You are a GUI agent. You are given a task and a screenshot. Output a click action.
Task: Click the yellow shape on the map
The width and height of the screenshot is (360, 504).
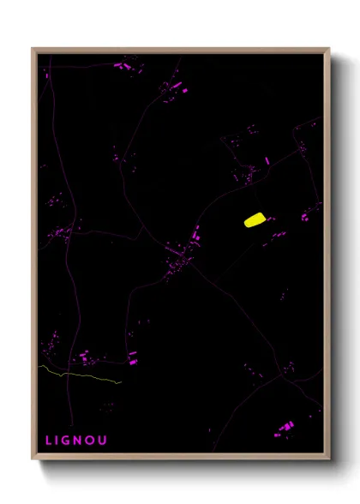click(255, 220)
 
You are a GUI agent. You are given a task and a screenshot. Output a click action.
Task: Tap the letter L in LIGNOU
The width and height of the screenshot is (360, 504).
click(50, 441)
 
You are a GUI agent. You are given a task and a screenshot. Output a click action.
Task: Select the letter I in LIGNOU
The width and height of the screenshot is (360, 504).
click(60, 441)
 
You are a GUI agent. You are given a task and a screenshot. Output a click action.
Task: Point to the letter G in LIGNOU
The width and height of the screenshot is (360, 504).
click(70, 441)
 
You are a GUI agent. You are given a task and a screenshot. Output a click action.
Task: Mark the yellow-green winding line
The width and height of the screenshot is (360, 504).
click(81, 375)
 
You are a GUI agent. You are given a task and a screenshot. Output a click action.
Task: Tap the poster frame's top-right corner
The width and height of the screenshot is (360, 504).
click(328, 50)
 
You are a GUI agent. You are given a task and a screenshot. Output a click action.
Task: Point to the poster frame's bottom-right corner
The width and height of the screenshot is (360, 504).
click(328, 459)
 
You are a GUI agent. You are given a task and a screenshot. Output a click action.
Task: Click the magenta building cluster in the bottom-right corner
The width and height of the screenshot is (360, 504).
click(285, 426)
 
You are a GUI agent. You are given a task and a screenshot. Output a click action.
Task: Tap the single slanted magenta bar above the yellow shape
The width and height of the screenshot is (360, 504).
click(267, 160)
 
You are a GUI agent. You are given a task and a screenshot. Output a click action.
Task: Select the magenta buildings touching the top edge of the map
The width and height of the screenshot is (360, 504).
click(124, 63)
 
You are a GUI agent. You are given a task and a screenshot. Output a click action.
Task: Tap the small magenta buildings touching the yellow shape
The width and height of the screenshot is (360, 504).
click(270, 219)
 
